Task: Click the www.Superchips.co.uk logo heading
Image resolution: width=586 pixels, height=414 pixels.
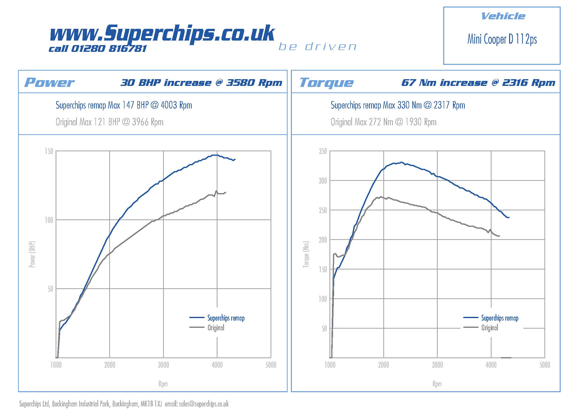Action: [x=162, y=33]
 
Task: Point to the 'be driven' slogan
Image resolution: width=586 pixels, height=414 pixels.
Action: [x=317, y=47]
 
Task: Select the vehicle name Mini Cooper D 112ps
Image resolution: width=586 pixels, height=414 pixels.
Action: [x=502, y=39]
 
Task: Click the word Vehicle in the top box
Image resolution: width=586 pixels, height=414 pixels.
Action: [x=503, y=16]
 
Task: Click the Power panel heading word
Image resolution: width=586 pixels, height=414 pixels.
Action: [x=49, y=82]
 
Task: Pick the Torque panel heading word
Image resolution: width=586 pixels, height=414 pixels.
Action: [x=326, y=82]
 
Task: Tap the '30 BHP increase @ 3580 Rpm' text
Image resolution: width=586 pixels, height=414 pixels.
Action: [x=201, y=83]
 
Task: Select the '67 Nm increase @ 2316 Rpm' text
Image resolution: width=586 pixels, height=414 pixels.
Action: [x=478, y=83]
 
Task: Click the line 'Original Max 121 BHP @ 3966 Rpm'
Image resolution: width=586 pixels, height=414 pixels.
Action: [x=109, y=122]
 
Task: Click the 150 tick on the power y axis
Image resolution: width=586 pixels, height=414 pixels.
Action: [x=49, y=151]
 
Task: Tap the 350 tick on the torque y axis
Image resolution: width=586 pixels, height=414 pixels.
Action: [x=323, y=151]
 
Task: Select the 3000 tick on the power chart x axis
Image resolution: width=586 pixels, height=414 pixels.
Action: [x=163, y=365]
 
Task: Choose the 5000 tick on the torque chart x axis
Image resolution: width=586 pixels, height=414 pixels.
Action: [x=545, y=365]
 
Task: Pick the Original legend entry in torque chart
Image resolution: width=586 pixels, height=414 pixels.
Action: [x=490, y=328]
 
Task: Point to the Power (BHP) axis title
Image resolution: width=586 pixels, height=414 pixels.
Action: [x=32, y=254]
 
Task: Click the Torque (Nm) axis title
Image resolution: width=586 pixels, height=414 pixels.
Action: [x=306, y=254]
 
